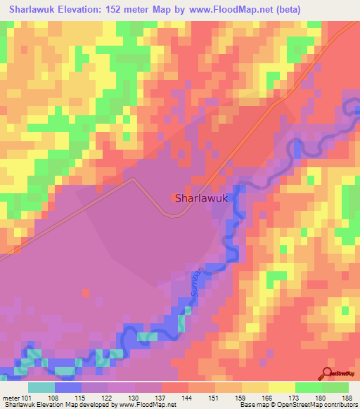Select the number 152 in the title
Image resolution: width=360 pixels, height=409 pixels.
125,9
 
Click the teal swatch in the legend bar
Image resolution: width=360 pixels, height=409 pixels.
41,387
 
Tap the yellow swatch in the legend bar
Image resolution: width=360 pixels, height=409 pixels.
281,387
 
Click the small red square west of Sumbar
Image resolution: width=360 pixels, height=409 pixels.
86,292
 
